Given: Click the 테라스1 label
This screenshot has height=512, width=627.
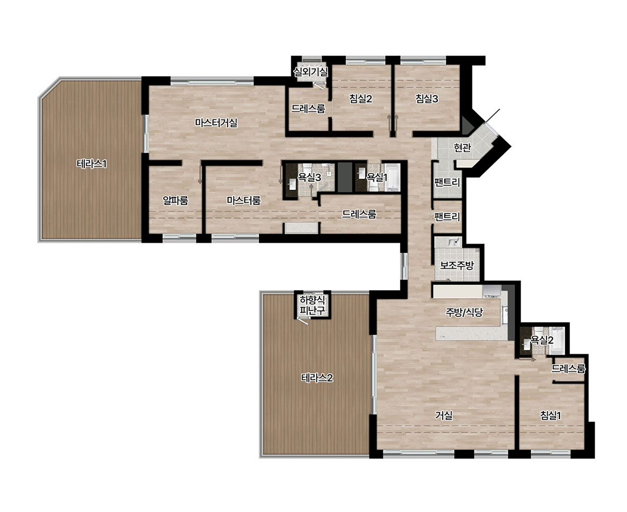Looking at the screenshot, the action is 91,164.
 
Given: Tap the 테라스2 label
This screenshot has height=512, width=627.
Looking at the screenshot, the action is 317,378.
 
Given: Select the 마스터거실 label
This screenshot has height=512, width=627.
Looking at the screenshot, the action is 216,122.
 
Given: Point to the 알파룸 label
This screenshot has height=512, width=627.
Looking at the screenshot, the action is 176,201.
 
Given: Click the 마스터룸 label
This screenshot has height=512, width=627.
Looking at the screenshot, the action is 244,201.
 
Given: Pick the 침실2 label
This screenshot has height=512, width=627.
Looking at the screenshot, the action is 361,98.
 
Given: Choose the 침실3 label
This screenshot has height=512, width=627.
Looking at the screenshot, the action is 426,98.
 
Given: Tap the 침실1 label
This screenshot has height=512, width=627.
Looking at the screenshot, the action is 550,416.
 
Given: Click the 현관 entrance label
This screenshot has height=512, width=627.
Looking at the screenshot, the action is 462,148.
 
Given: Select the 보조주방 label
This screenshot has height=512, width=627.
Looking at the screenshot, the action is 457,265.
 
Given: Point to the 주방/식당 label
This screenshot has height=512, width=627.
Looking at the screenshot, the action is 464,312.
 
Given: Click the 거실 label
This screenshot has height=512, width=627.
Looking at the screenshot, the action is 444,416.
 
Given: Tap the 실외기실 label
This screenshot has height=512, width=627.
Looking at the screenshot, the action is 311,72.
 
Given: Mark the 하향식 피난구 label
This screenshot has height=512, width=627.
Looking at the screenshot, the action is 313,305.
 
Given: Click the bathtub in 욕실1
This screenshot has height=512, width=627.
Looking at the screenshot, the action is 391,177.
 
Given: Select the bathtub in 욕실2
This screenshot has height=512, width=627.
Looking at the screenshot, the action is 557,341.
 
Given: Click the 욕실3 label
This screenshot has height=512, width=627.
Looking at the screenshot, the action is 310,177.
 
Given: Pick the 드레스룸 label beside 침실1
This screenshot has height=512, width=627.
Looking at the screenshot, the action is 568,368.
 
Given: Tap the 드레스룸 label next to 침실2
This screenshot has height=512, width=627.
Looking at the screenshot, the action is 308,109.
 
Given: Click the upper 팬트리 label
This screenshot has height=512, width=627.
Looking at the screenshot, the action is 447,183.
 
